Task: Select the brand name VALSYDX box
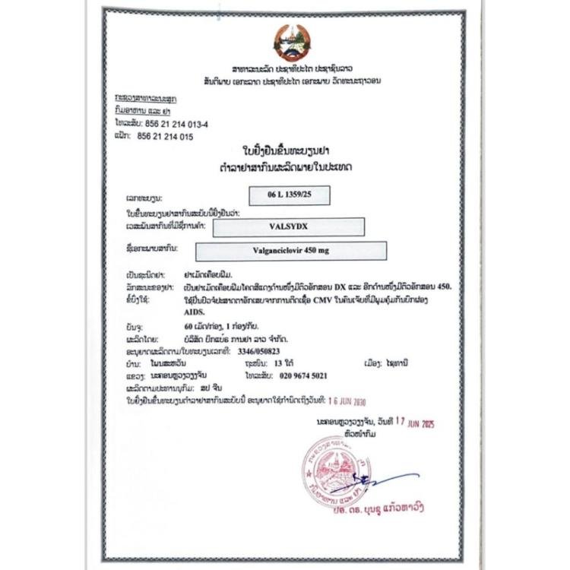coord(289,225)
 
